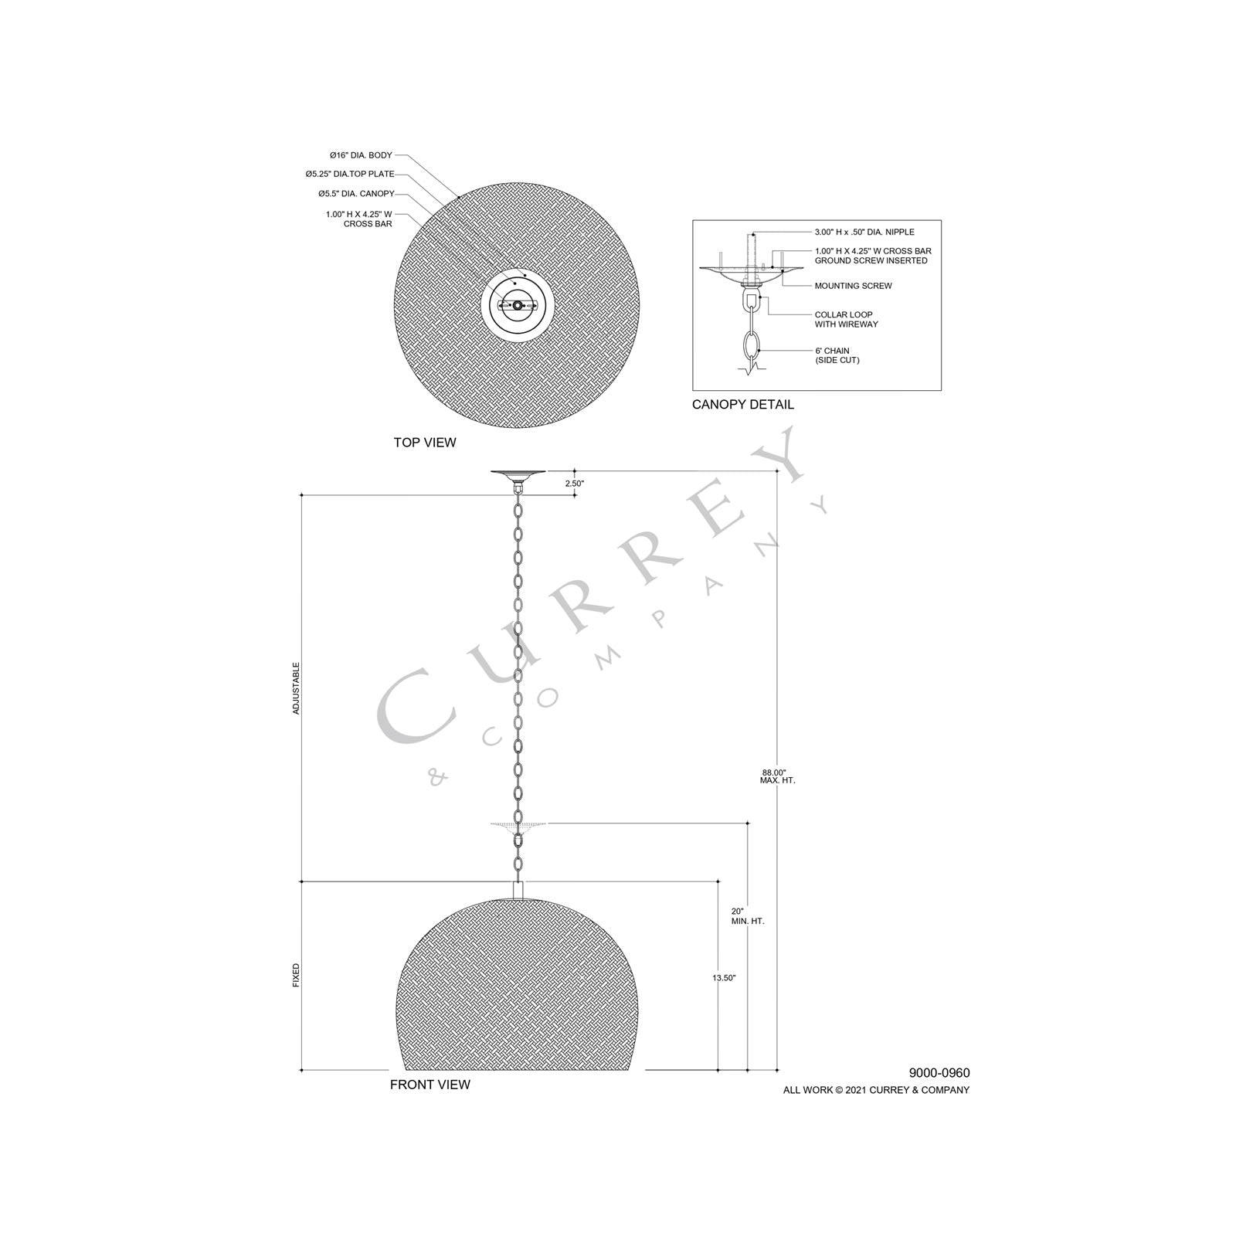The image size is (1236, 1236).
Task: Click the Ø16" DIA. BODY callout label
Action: coord(361,155)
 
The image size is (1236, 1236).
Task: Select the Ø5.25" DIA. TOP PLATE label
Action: coord(349,175)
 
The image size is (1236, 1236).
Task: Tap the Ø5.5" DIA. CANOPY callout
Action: coord(356,193)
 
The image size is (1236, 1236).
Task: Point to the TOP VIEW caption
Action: coord(425,443)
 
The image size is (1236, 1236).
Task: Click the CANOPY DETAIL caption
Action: coord(742,405)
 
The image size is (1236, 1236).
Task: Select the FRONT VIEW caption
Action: coord(430,1085)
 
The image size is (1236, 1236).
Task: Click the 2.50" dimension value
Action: coord(575,484)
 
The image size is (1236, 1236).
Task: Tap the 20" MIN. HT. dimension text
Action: coord(747,916)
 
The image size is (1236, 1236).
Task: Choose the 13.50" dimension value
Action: coord(724,978)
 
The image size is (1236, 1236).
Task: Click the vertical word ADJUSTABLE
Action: coord(296,688)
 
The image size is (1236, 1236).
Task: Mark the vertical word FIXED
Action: coord(296,976)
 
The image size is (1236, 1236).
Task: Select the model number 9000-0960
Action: coord(939,1073)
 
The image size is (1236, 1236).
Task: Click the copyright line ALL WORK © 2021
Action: coord(876,1090)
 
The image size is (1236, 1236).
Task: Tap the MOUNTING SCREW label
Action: coord(853,286)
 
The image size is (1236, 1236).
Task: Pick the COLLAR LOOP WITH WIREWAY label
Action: coord(846,319)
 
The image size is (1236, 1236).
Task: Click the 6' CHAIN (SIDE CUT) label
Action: coord(836,355)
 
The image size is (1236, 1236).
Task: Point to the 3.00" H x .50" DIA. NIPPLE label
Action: coord(864,232)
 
